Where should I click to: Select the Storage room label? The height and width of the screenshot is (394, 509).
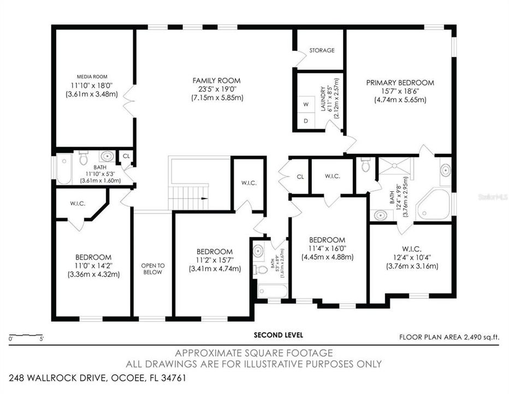point(322,50)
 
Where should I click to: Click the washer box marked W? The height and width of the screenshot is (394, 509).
point(306,104)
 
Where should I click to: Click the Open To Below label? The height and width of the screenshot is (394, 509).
point(153,269)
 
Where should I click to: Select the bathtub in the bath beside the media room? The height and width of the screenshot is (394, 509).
point(64,169)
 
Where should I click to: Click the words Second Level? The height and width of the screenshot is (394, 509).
point(279,334)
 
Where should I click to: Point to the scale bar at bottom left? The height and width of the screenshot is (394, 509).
point(26,334)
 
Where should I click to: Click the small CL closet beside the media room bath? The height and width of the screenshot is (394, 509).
point(126,157)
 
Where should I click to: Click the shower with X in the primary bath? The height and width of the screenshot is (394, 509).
point(397,167)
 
